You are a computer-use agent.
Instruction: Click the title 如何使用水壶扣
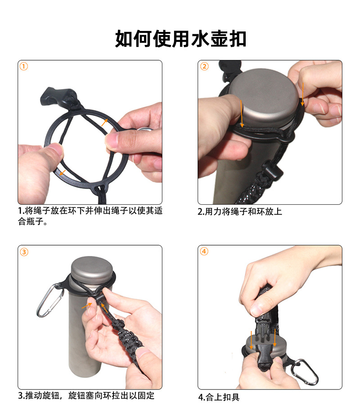[180, 39]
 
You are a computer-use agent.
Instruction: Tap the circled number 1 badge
[24, 66]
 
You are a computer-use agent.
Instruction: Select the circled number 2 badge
[204, 66]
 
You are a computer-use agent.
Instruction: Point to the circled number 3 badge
[24, 251]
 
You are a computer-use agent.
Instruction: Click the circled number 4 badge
[204, 251]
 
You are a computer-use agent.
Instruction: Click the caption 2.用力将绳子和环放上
[240, 211]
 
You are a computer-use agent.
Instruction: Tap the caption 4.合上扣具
[219, 397]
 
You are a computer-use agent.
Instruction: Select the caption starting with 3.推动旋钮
[86, 395]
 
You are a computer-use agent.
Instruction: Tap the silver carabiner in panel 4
[304, 372]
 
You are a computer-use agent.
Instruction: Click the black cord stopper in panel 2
[272, 170]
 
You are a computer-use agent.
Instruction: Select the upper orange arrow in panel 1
[104, 122]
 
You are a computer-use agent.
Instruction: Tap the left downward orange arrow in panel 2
[242, 113]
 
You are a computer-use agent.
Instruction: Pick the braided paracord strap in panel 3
[125, 335]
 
